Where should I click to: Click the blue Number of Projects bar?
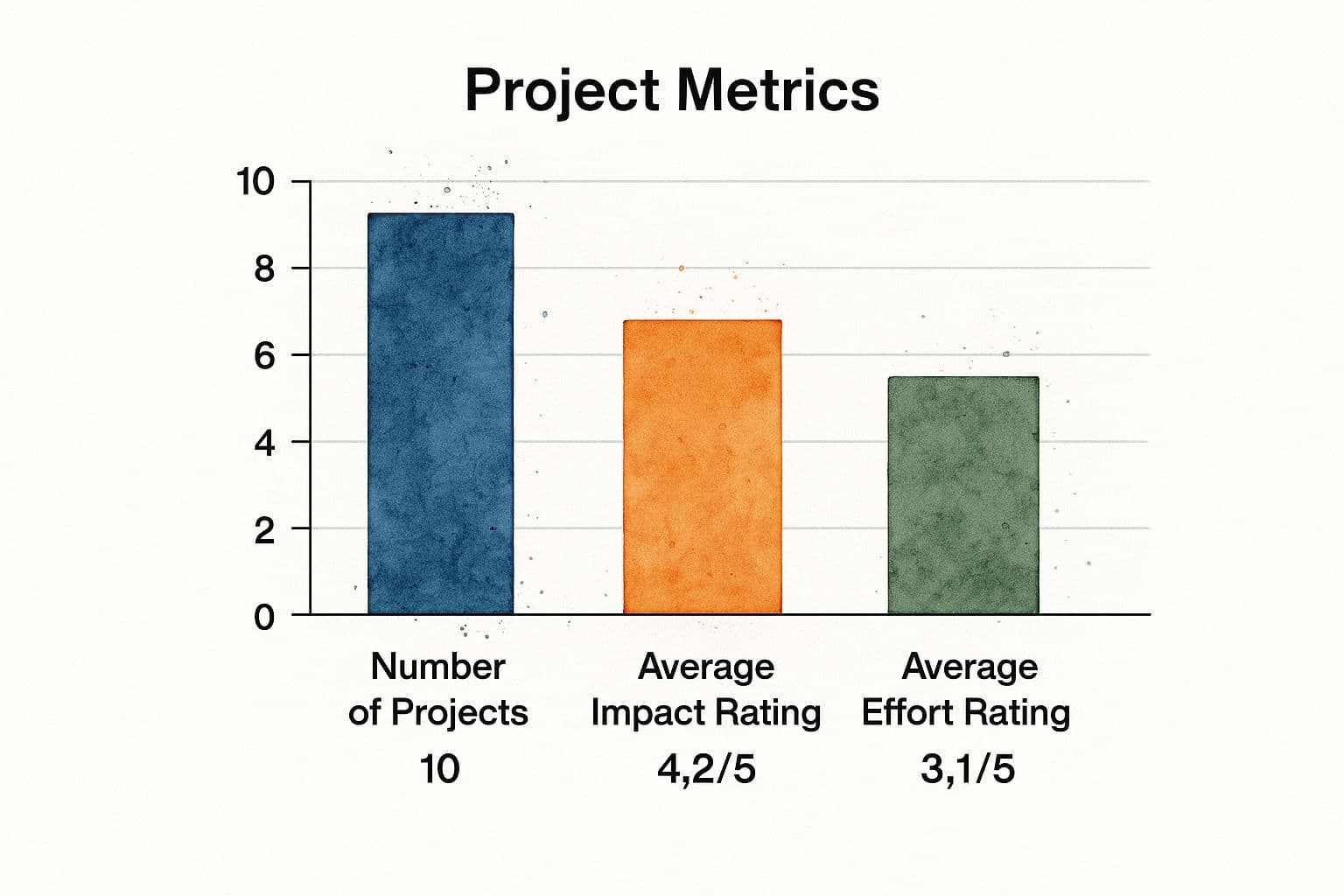[x=440, y=413]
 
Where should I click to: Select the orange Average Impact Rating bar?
[x=702, y=466]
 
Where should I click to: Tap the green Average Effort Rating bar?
[x=963, y=495]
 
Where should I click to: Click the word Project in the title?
[x=561, y=91]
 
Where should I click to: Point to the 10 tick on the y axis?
[x=255, y=182]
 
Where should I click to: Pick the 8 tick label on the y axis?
[x=263, y=269]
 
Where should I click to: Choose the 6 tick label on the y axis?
[x=263, y=355]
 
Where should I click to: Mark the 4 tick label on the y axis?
[x=263, y=442]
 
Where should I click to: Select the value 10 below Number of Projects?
[x=439, y=770]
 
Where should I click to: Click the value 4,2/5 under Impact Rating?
[x=706, y=770]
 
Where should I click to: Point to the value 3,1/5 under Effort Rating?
[x=968, y=770]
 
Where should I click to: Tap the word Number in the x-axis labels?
[x=437, y=667]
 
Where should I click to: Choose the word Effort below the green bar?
[x=906, y=713]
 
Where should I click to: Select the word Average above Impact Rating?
[x=706, y=667]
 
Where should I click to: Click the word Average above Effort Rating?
[x=969, y=667]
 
